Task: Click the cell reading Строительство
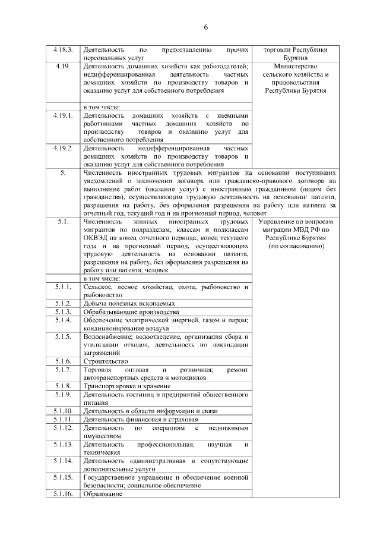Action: click(106, 361)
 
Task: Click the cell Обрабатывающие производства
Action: click(131, 312)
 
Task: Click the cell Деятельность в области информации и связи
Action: click(150, 411)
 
